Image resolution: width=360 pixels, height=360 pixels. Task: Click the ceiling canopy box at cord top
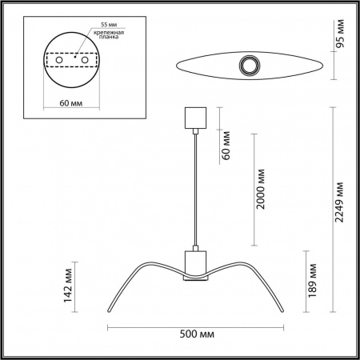(x=196, y=118)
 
